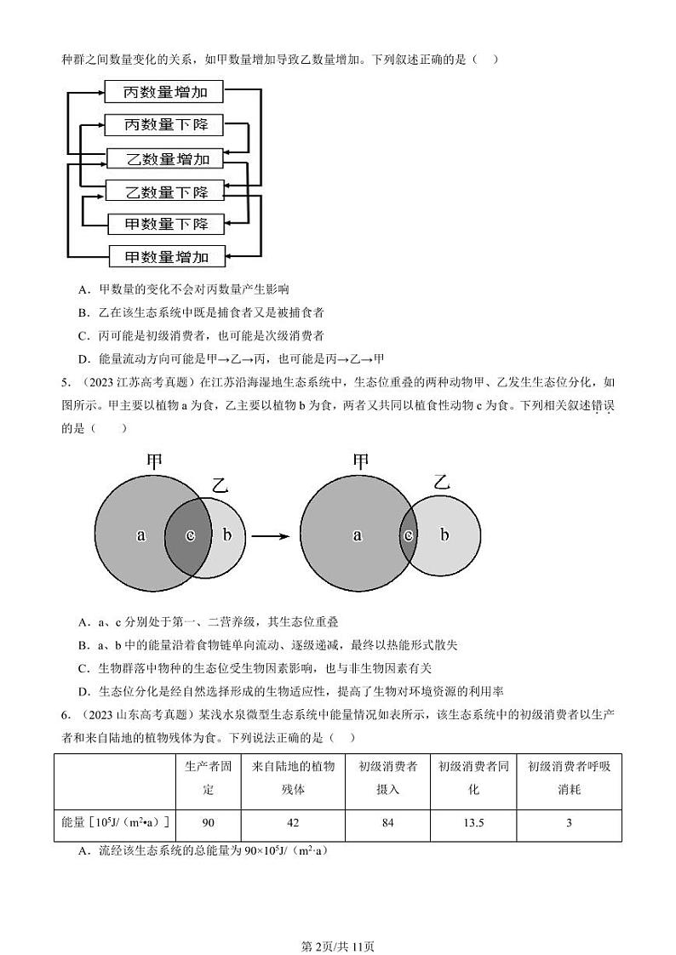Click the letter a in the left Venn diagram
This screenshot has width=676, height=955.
[x=141, y=535]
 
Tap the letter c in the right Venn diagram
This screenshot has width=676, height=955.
[x=409, y=535]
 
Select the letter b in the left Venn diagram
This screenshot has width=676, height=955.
[x=226, y=535]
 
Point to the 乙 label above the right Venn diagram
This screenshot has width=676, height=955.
[x=440, y=482]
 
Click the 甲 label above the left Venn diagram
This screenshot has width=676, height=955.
[x=154, y=462]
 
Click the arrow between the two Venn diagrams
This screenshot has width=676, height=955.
[x=270, y=536]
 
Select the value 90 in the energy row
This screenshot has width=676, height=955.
[x=208, y=823]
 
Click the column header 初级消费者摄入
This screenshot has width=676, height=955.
[x=387, y=777]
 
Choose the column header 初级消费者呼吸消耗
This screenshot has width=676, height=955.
[x=569, y=777]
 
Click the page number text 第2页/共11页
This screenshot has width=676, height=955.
[x=338, y=922]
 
